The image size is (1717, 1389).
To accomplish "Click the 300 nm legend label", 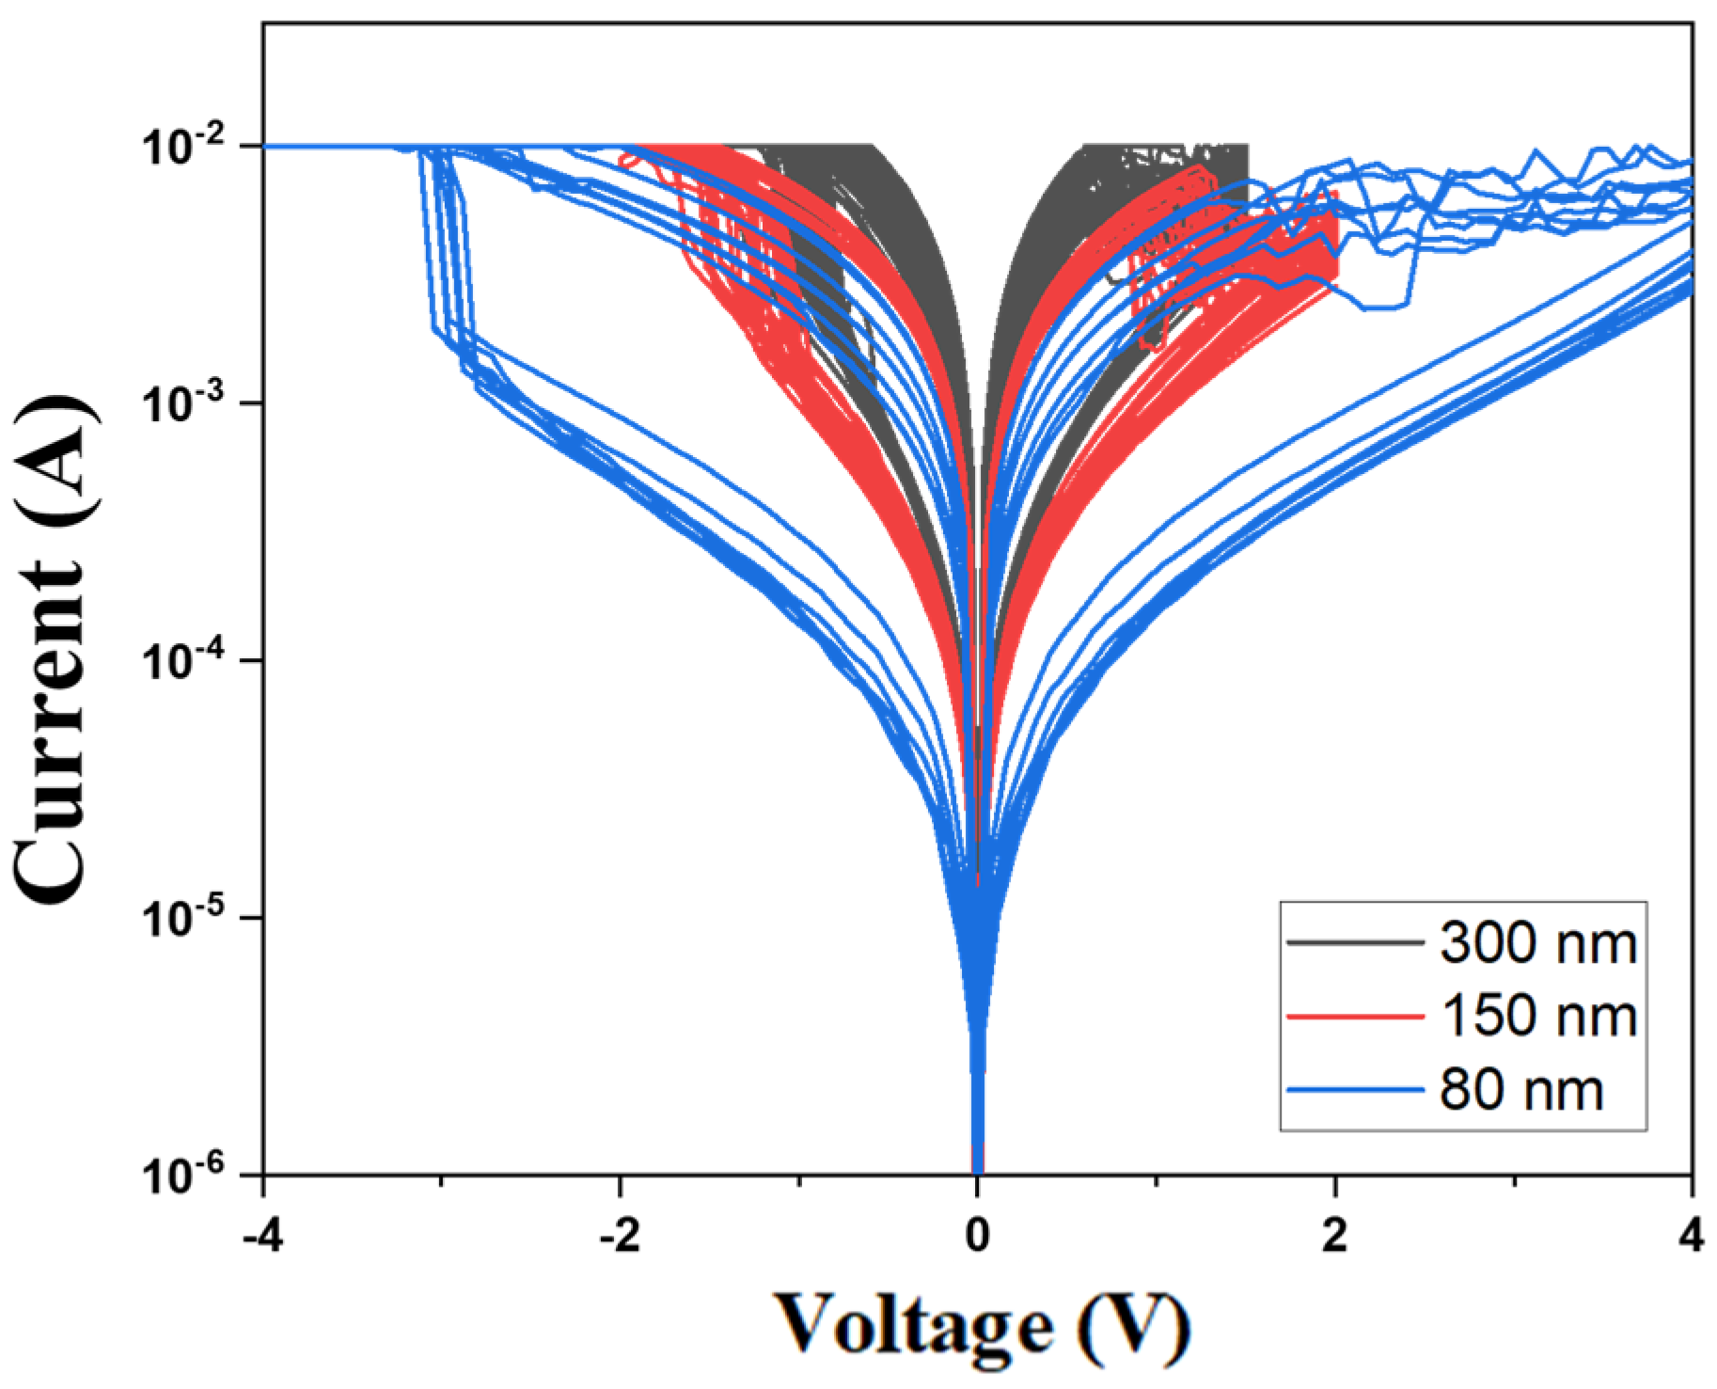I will click(x=1538, y=942).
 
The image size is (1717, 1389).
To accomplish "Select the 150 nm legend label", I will click(x=1538, y=1017).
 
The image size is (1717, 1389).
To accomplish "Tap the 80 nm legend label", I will click(x=1520, y=1090).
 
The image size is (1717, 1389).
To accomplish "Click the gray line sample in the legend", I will click(x=1355, y=942).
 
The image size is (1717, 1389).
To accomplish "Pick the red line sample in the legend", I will click(x=1355, y=1017).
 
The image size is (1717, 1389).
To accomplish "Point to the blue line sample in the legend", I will click(x=1355, y=1090).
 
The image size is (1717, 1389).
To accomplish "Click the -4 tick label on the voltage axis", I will click(x=263, y=1235).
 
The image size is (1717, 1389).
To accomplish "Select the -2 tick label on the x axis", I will click(x=620, y=1235).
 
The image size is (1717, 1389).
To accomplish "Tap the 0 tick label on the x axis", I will click(x=978, y=1235).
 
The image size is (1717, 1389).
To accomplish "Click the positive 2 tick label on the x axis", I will click(x=1334, y=1235).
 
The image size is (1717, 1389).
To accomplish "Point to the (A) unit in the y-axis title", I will click(x=52, y=447).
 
